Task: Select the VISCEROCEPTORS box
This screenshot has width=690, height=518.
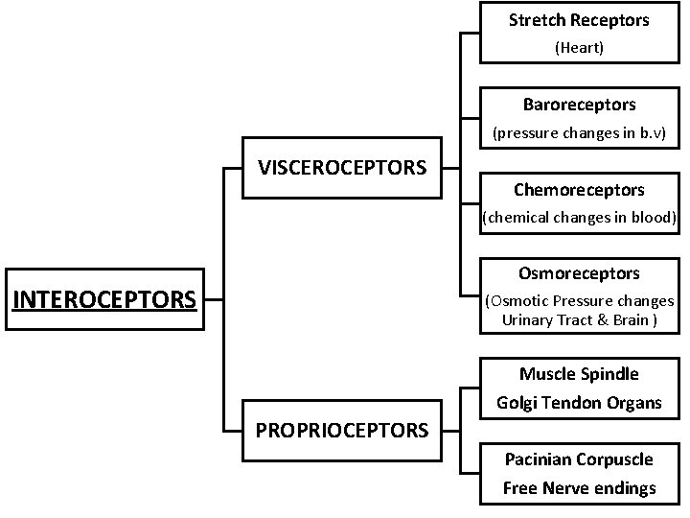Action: pyautogui.click(x=342, y=168)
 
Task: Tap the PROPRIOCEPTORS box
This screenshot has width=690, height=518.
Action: pyautogui.click(x=342, y=429)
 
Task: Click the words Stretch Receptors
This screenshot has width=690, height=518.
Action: pyautogui.click(x=579, y=20)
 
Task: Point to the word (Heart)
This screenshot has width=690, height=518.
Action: pyautogui.click(x=579, y=47)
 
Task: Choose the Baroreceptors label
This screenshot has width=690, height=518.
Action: pyautogui.click(x=579, y=104)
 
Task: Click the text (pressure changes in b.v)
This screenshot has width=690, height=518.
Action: pyautogui.click(x=579, y=133)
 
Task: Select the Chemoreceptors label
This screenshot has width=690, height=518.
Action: pyautogui.click(x=579, y=190)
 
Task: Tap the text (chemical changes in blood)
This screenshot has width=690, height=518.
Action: pyautogui.click(x=579, y=217)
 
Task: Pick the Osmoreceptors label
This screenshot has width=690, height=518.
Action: pyautogui.click(x=579, y=274)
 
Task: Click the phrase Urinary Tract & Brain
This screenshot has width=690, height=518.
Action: pyautogui.click(x=579, y=320)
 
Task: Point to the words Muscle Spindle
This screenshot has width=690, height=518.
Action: pyautogui.click(x=579, y=374)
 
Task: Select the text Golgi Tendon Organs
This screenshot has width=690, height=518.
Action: pyautogui.click(x=579, y=403)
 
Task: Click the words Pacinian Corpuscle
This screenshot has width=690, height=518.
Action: pyautogui.click(x=579, y=459)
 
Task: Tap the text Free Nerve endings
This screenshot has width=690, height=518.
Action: pyautogui.click(x=579, y=488)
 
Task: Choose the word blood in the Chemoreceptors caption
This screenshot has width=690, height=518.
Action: pyautogui.click(x=654, y=217)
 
